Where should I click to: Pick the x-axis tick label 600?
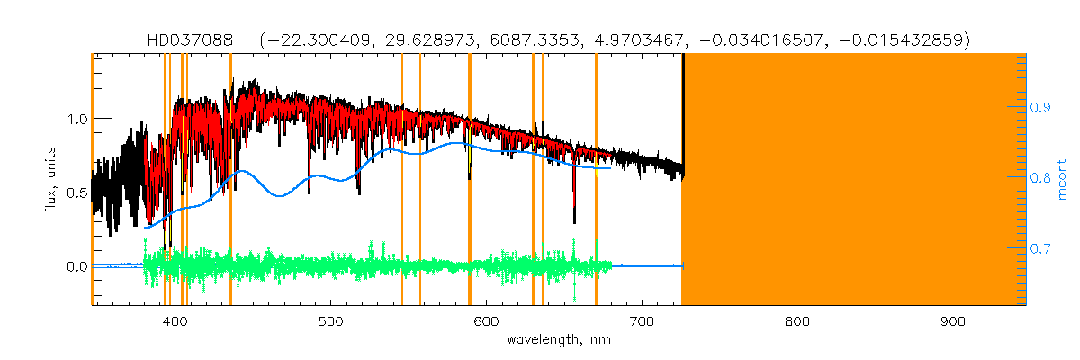(487, 321)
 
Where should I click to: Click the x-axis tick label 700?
(642, 321)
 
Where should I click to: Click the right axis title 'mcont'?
(1063, 180)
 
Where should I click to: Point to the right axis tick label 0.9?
(1042, 107)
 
